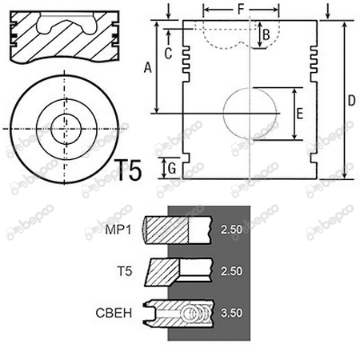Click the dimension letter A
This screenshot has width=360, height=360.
pyautogui.click(x=148, y=67)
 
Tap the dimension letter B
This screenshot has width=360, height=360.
pyautogui.click(x=266, y=34)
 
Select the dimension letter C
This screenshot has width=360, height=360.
pyautogui.click(x=168, y=54)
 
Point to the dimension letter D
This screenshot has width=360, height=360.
pyautogui.click(x=352, y=101)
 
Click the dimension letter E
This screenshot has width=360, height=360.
pyautogui.click(x=300, y=114)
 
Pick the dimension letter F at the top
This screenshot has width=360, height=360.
pyautogui.click(x=241, y=10)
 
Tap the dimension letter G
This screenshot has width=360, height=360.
pyautogui.click(x=172, y=169)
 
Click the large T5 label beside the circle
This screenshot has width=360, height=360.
pyautogui.click(x=128, y=170)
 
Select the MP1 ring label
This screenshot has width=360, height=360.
pyautogui.click(x=118, y=230)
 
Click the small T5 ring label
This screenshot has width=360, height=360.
pyautogui.click(x=125, y=271)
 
